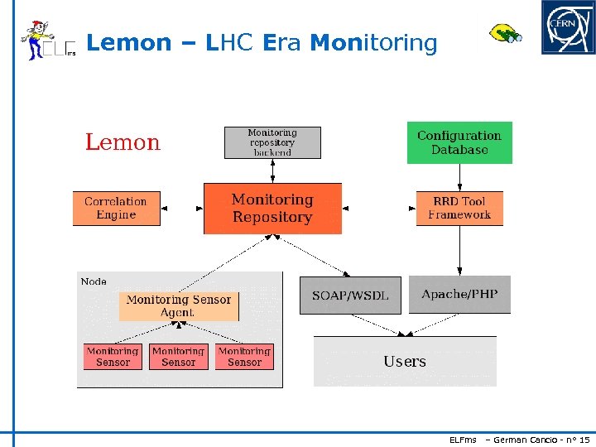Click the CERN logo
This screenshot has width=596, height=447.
coord(568,27)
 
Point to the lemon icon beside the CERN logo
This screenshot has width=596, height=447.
coord(504,34)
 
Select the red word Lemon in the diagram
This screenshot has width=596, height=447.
coord(123,142)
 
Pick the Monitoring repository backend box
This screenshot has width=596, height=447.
coord(272,142)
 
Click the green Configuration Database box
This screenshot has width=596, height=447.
coord(459,142)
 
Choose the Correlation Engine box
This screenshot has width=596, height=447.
coord(116,208)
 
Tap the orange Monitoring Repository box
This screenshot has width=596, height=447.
coord(272,209)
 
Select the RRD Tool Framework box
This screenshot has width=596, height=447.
coord(459,208)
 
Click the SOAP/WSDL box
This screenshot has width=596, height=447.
coord(350,296)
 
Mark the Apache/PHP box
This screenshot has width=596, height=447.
coord(459,295)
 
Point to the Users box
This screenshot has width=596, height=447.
coord(405,362)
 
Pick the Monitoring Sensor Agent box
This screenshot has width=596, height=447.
coord(179,306)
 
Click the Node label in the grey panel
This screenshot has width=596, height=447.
coord(94,281)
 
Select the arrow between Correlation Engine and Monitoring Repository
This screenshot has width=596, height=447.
coord(181,209)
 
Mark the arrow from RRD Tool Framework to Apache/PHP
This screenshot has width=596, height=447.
coord(459,250)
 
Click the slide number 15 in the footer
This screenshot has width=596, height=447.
coord(584,439)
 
